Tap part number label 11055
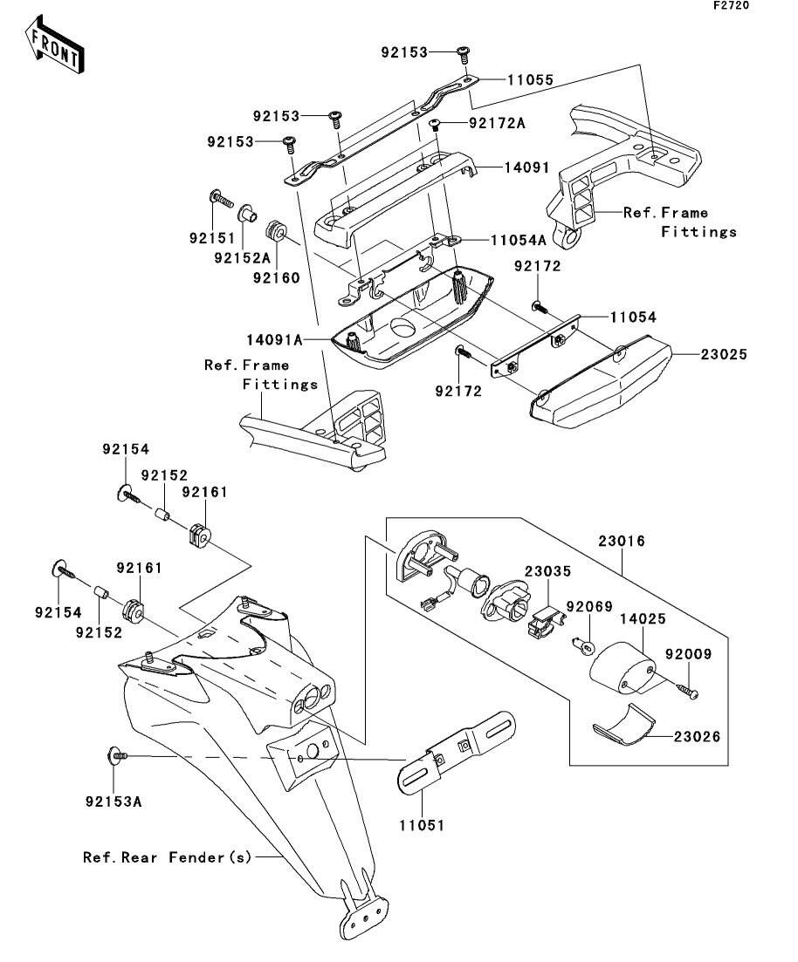point(527,79)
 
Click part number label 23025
point(723,356)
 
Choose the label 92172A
point(497,123)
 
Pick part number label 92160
point(277,278)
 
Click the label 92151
point(210,235)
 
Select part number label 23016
point(622,542)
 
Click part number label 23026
point(697,737)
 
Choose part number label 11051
point(422,824)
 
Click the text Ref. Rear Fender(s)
point(167,857)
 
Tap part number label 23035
point(547,572)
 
